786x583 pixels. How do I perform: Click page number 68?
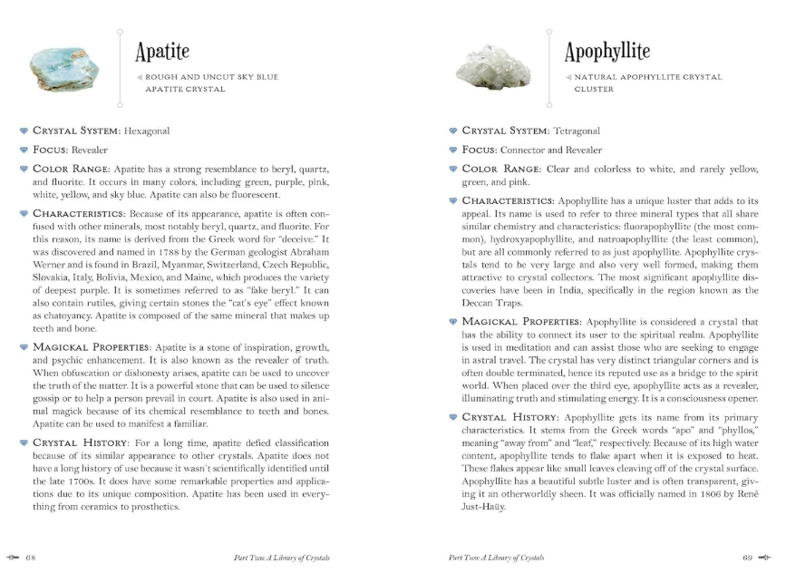coord(30,557)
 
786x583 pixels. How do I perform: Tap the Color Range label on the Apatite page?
coord(72,169)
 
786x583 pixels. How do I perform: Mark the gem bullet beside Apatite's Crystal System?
coord(24,131)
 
